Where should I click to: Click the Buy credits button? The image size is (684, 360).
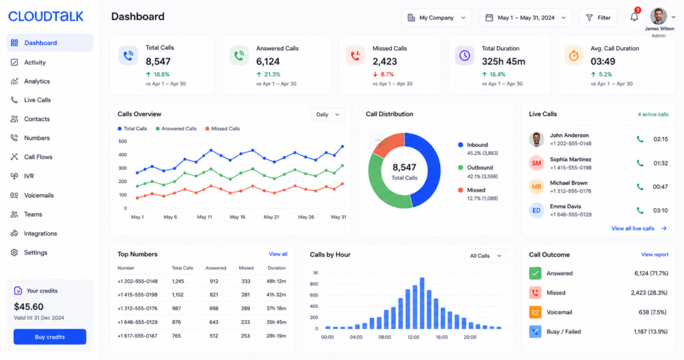pos(49,337)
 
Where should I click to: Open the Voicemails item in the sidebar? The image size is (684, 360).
pos(39,195)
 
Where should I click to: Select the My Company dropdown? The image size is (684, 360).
pos(436,18)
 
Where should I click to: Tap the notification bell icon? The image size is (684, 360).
pos(635,17)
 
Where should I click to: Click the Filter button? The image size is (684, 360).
pos(598,18)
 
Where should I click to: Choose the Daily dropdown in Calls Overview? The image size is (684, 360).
pos(327,114)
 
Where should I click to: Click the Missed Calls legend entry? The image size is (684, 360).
pos(222,129)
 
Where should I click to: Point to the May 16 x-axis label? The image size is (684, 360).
pos(237,217)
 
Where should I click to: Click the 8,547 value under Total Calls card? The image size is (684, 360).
pos(158,61)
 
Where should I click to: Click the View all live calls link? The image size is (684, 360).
pos(639,228)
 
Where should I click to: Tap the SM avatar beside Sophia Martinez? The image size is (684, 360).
pos(536,163)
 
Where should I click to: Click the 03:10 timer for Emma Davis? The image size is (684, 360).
pos(660,210)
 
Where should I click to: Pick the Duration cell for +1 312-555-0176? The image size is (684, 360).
pos(276,309)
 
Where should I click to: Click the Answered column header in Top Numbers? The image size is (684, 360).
pos(216,268)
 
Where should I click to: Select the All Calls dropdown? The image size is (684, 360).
pos(486,256)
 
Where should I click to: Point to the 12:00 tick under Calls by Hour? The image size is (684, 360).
pos(413,337)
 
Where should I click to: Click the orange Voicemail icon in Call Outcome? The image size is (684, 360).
pos(535,312)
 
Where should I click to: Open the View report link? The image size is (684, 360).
pos(655,254)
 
